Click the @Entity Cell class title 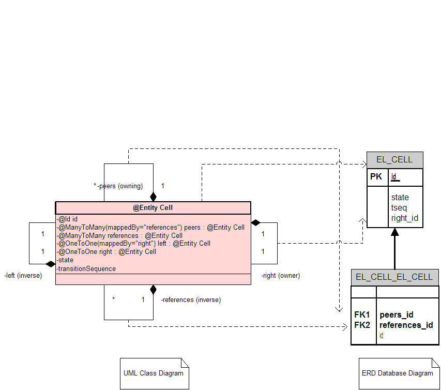(x=153, y=207)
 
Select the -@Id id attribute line (x=67, y=219)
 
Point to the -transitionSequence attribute (x=86, y=269)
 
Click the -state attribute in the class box (x=65, y=260)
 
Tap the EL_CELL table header (x=394, y=160)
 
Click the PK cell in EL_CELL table (x=376, y=177)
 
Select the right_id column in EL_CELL (x=404, y=218)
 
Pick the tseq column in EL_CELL (x=399, y=208)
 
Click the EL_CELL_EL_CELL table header (x=394, y=277)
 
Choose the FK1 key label (x=362, y=314)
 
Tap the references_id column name (x=406, y=325)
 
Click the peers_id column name (x=397, y=315)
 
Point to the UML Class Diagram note (x=155, y=373)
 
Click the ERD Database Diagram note (x=399, y=373)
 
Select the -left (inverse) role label (x=23, y=276)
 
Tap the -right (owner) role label (x=280, y=276)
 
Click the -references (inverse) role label (x=191, y=300)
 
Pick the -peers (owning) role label (x=120, y=186)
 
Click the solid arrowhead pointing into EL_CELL (x=395, y=232)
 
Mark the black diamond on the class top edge (x=153, y=197)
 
